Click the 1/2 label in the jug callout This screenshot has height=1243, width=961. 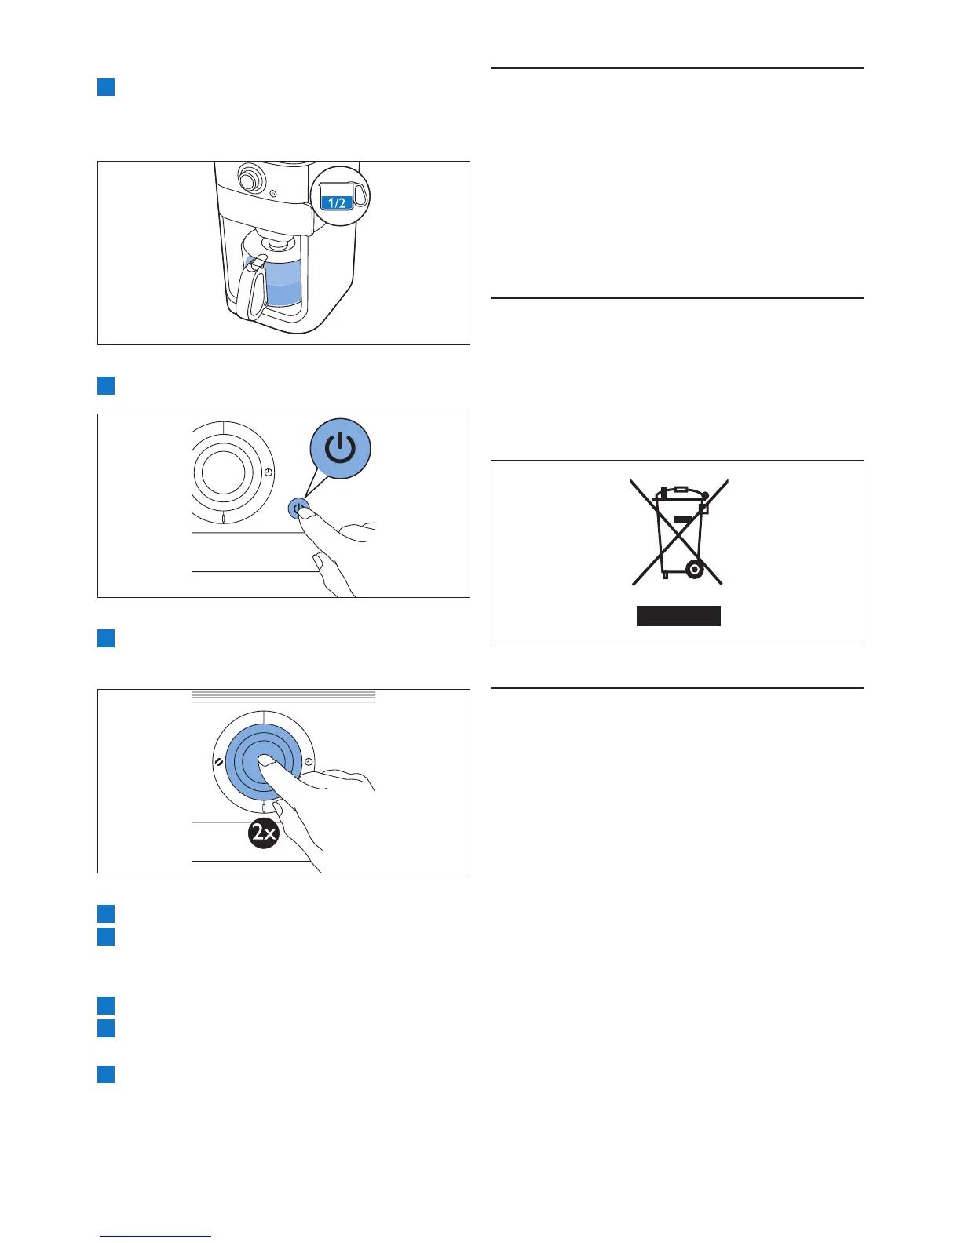336,202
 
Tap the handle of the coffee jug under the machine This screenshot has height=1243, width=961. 256,291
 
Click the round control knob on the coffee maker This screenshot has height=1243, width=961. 250,180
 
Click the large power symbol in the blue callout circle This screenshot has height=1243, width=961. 340,449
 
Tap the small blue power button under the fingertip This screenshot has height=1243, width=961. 298,508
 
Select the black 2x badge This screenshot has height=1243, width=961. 264,832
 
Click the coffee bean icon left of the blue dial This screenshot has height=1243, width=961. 217,763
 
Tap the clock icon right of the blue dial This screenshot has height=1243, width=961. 309,762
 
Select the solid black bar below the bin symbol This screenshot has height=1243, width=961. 678,616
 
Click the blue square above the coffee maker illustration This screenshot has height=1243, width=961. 106,86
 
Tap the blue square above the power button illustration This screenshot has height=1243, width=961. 106,385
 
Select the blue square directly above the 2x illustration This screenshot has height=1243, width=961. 106,638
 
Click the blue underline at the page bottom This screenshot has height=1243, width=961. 155,1237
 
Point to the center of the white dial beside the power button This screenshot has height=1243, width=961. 223,472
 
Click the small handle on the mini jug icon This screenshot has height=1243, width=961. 360,195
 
